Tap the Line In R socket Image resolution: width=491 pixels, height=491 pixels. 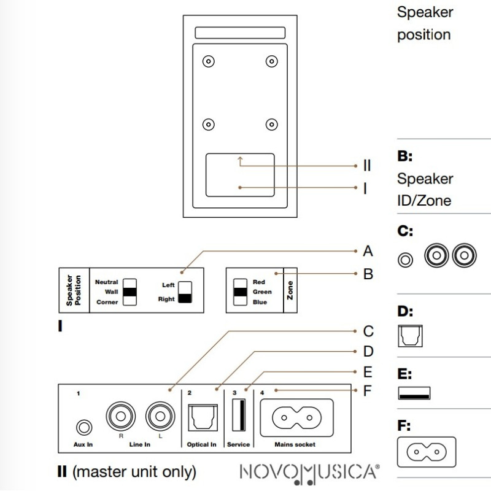pyautogui.click(x=120, y=417)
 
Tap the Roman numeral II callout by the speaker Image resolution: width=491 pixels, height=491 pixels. pyautogui.click(x=367, y=165)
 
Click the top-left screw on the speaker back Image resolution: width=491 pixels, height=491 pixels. pyautogui.click(x=209, y=61)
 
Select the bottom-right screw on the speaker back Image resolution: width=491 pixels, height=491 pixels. pyautogui.click(x=271, y=125)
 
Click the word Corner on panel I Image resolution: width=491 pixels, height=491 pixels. pyautogui.click(x=107, y=302)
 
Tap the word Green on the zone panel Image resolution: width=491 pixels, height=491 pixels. pyautogui.click(x=262, y=292)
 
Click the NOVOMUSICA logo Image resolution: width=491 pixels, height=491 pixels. pyautogui.click(x=309, y=473)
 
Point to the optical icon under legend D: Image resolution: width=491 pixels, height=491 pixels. pyautogui.click(x=411, y=335)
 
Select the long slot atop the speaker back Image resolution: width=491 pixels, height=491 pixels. pyautogui.click(x=240, y=33)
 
